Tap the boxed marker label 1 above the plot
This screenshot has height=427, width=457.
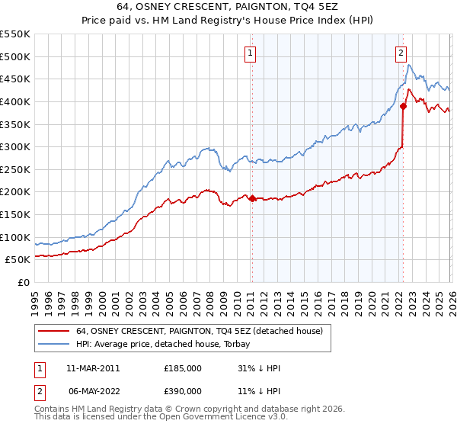(x=251, y=53)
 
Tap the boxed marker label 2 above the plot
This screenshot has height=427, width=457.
(x=401, y=53)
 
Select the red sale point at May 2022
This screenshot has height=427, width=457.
(x=402, y=107)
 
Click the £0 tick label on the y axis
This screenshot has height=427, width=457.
(x=23, y=282)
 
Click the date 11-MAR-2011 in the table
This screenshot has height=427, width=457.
(x=93, y=368)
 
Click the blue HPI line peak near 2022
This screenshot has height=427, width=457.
(x=409, y=66)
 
